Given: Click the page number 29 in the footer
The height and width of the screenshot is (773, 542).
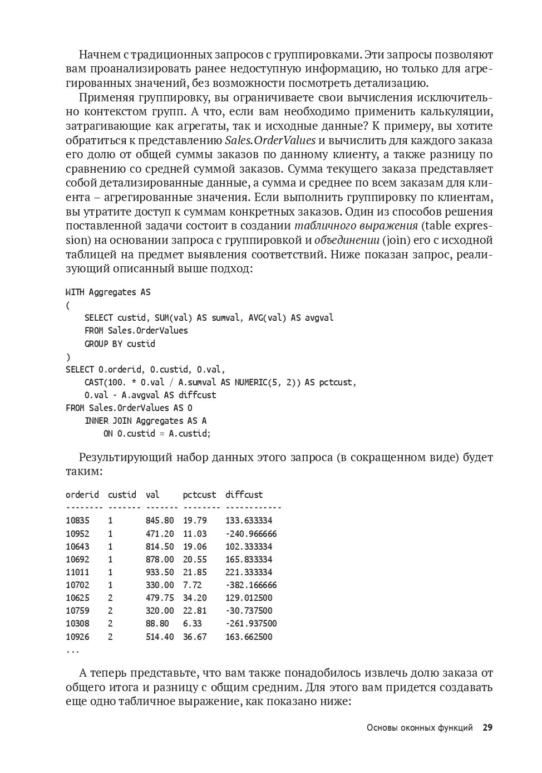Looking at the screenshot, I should pyautogui.click(x=487, y=727).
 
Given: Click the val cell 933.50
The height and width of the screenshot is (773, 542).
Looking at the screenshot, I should pyautogui.click(x=160, y=573).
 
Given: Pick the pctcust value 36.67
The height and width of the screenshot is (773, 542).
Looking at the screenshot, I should pyautogui.click(x=195, y=637).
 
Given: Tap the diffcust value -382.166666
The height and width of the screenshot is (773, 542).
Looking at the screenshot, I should pyautogui.click(x=251, y=585).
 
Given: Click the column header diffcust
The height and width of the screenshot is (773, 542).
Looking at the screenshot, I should pyautogui.click(x=244, y=495).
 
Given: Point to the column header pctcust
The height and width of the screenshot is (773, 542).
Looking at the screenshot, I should pyautogui.click(x=199, y=495).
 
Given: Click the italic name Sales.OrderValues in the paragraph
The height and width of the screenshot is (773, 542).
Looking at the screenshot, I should pyautogui.click(x=270, y=140).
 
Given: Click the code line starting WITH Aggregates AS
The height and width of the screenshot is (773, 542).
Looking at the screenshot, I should pyautogui.click(x=108, y=292).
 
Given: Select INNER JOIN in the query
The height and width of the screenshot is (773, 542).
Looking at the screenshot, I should pyautogui.click(x=108, y=421).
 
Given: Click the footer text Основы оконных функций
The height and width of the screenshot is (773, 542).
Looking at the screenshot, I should pyautogui.click(x=420, y=728).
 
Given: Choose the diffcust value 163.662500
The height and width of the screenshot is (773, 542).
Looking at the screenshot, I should pyautogui.click(x=249, y=637).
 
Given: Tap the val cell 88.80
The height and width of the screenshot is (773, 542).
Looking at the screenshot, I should pyautogui.click(x=157, y=624).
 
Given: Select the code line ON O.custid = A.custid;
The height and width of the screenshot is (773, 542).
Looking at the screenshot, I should pyautogui.click(x=157, y=434).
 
